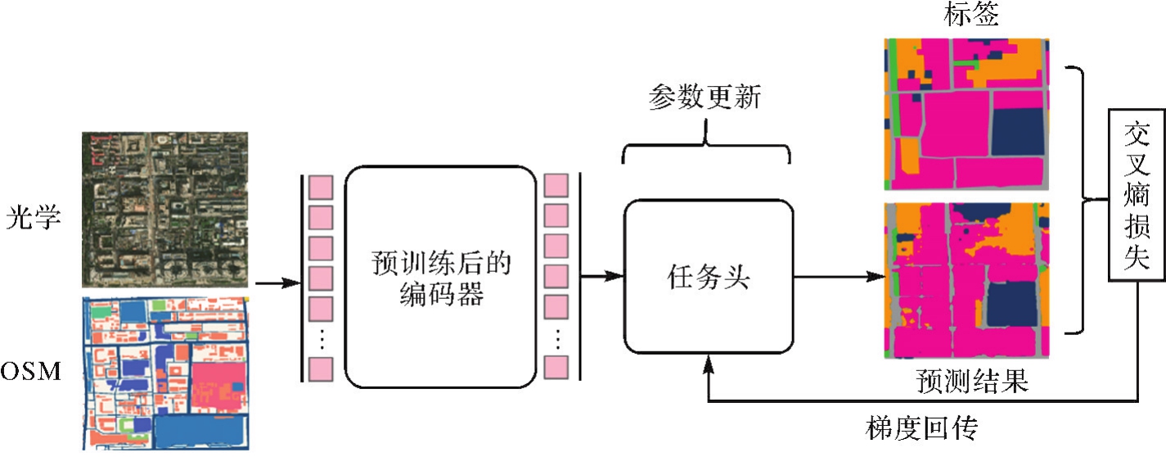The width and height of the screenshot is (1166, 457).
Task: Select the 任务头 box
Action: (x=709, y=276)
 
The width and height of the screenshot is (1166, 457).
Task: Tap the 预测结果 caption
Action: (x=970, y=381)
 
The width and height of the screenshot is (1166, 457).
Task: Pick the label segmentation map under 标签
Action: (x=966, y=114)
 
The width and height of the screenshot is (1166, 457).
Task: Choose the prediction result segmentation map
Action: (x=966, y=281)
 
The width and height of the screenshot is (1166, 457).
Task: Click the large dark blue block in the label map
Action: (x=1017, y=130)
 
